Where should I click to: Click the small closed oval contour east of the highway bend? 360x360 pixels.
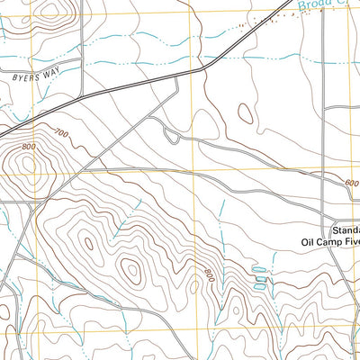click(x=244, y=113)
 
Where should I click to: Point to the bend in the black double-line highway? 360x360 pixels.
click(x=205, y=67)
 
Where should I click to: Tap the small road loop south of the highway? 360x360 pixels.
click(x=169, y=135)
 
